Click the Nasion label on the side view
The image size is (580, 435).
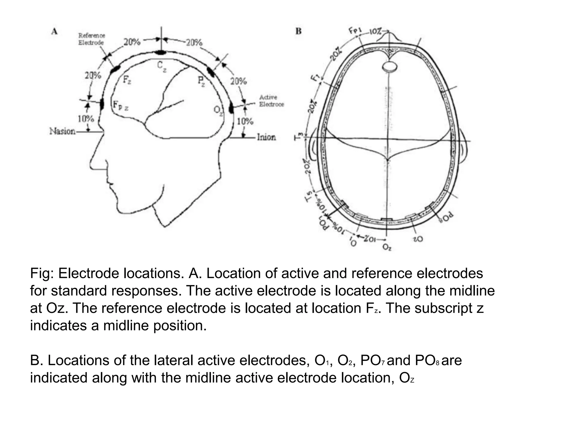[x=62, y=131]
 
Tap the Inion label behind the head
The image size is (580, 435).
[x=266, y=137]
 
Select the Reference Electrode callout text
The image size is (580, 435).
[x=91, y=39]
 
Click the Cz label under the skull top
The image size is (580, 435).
[x=161, y=67]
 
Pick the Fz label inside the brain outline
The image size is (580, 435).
[x=127, y=80]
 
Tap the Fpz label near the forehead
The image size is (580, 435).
[x=120, y=105]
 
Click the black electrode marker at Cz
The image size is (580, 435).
[x=161, y=52]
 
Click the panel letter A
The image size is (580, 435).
[x=54, y=31]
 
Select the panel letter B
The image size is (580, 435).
[x=298, y=31]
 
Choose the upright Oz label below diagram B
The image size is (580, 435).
[x=387, y=248]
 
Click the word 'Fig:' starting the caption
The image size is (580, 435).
[x=42, y=274]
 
